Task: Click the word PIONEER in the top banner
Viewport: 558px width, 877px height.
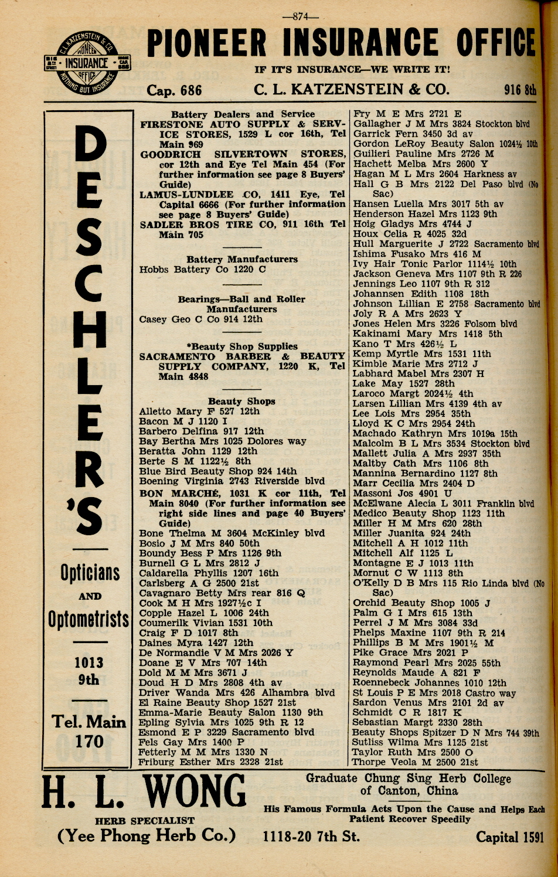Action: coord(210,44)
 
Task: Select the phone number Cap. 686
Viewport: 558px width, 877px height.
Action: coord(174,90)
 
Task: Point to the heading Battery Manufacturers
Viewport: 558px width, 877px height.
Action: coord(241,259)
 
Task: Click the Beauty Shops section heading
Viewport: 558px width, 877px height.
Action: coord(241,402)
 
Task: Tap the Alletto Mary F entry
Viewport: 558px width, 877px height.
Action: coord(199,412)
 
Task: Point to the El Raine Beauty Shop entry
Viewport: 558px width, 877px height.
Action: coord(217,702)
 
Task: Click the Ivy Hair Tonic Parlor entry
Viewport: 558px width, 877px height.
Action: coord(434,264)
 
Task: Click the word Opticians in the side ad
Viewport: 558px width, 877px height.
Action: coord(90,573)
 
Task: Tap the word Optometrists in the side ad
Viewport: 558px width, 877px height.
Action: coord(89,619)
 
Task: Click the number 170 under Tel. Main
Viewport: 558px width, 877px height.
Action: coord(89,742)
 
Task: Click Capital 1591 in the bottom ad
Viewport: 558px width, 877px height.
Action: coord(509,837)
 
